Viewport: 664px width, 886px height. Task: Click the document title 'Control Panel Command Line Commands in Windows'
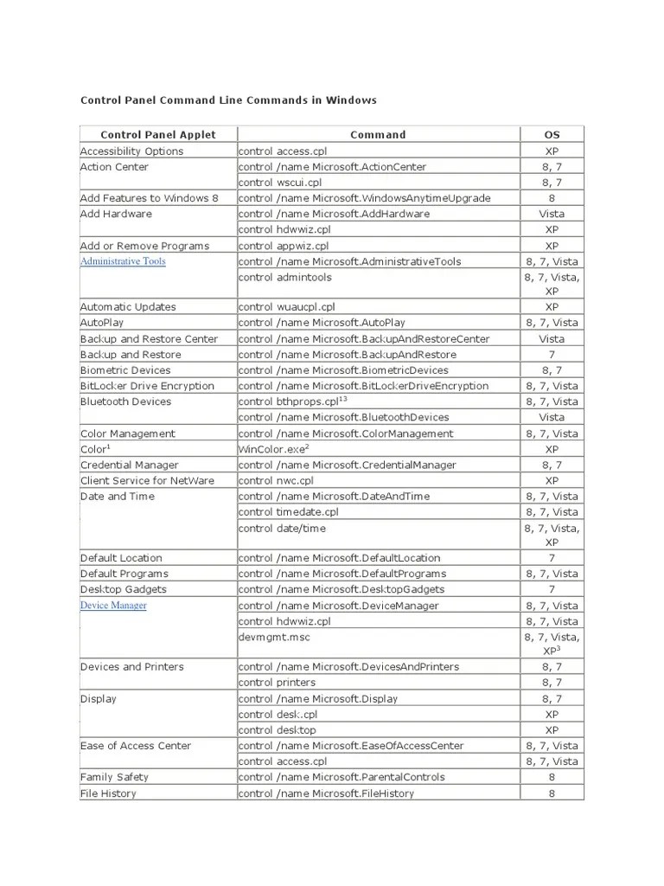pyautogui.click(x=228, y=100)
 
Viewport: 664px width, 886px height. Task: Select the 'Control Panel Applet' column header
pyautogui.click(x=158, y=134)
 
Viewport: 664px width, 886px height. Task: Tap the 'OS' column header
pyautogui.click(x=551, y=134)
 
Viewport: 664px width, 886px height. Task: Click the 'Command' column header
pyautogui.click(x=378, y=134)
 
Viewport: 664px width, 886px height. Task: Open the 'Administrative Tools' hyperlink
pyautogui.click(x=123, y=261)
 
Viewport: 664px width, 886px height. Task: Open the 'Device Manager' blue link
pyautogui.click(x=113, y=606)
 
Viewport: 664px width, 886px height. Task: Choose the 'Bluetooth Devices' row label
pyautogui.click(x=125, y=401)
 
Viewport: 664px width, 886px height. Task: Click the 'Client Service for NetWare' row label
pyautogui.click(x=147, y=480)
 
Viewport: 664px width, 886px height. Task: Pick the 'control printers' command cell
pyautogui.click(x=277, y=683)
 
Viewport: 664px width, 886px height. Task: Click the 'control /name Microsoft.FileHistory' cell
pyautogui.click(x=326, y=793)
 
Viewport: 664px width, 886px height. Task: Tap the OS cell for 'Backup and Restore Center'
pyautogui.click(x=551, y=339)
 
